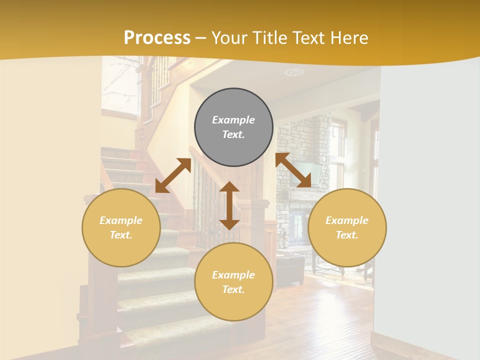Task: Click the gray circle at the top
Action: (x=233, y=127)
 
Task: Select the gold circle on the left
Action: (x=121, y=227)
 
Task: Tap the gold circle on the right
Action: (x=347, y=227)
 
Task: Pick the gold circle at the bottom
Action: (x=233, y=282)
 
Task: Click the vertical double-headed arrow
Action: (x=229, y=205)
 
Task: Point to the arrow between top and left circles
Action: (x=173, y=175)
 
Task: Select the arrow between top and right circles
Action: (x=293, y=170)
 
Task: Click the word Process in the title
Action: (x=157, y=37)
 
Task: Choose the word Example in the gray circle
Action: (x=233, y=120)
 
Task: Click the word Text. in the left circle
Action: (x=121, y=235)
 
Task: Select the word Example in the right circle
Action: (x=347, y=220)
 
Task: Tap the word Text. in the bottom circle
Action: (x=233, y=289)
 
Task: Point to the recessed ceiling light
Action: (x=294, y=72)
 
